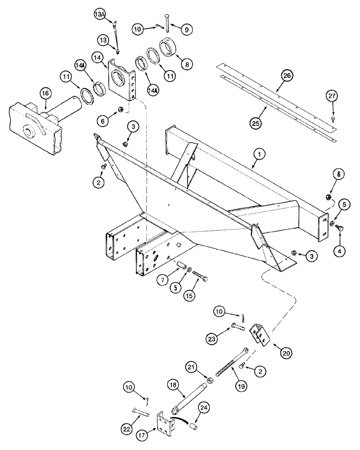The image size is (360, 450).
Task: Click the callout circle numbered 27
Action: click(x=333, y=95)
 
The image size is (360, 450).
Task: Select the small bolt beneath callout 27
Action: click(x=333, y=118)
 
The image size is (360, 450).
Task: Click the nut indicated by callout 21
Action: click(x=209, y=381)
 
